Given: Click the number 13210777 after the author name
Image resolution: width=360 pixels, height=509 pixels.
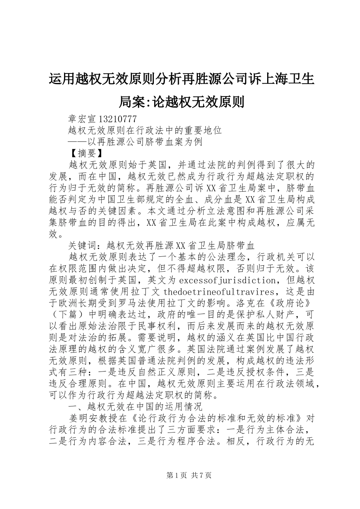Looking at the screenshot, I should pyautogui.click(x=115, y=119).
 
